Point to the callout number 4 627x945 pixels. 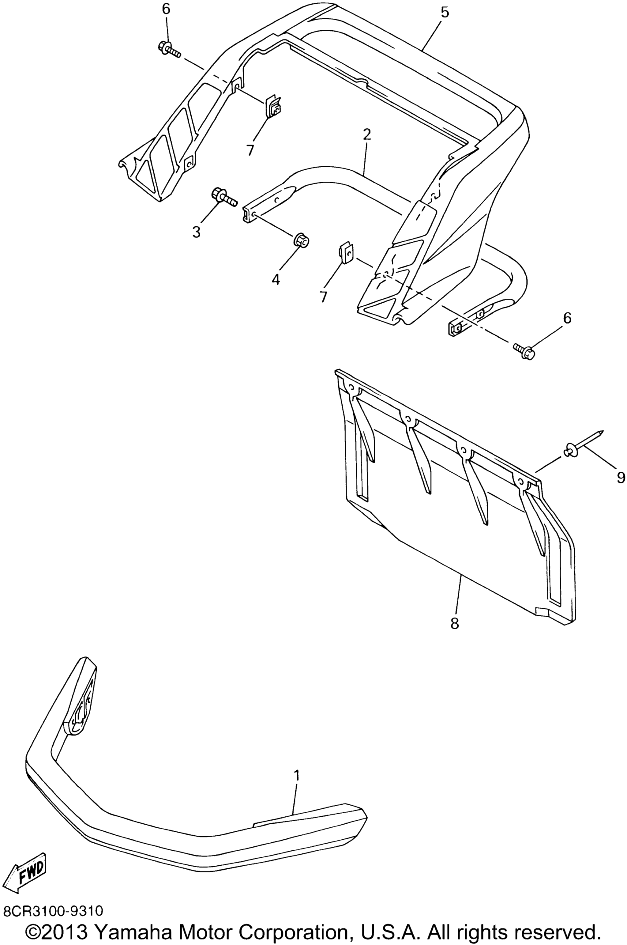click(276, 279)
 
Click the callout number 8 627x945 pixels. click(455, 623)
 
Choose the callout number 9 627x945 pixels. click(621, 477)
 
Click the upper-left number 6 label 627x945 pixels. click(166, 9)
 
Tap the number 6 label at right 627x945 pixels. click(567, 318)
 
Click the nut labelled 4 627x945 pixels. click(302, 241)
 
